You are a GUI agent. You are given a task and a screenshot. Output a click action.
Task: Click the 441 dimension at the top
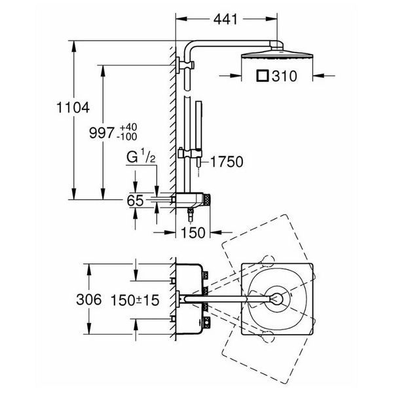(225, 19)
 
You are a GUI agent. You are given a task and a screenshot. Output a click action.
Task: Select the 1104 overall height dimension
(73, 107)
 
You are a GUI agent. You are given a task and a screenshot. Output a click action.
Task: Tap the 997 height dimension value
(102, 132)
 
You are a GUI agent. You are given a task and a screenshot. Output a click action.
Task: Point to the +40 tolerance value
(128, 127)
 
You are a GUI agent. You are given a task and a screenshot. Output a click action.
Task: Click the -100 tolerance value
(128, 137)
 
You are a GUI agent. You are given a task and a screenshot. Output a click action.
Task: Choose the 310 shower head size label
(284, 76)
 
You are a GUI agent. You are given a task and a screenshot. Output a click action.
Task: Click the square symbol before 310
(263, 76)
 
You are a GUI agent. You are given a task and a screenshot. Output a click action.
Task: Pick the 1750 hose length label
(227, 162)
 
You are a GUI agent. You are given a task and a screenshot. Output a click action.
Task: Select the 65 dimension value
(135, 200)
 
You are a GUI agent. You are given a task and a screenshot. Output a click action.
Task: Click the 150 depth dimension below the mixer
(193, 233)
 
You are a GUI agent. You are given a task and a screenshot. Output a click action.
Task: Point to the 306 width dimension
(88, 299)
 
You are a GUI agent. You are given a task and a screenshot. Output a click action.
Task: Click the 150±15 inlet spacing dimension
(135, 300)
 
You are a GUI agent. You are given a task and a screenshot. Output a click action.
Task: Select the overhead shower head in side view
(277, 54)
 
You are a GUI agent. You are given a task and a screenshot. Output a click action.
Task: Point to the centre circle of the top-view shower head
(277, 299)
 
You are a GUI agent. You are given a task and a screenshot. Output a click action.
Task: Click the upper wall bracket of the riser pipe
(185, 65)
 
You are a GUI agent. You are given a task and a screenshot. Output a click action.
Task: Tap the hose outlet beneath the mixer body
(191, 214)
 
